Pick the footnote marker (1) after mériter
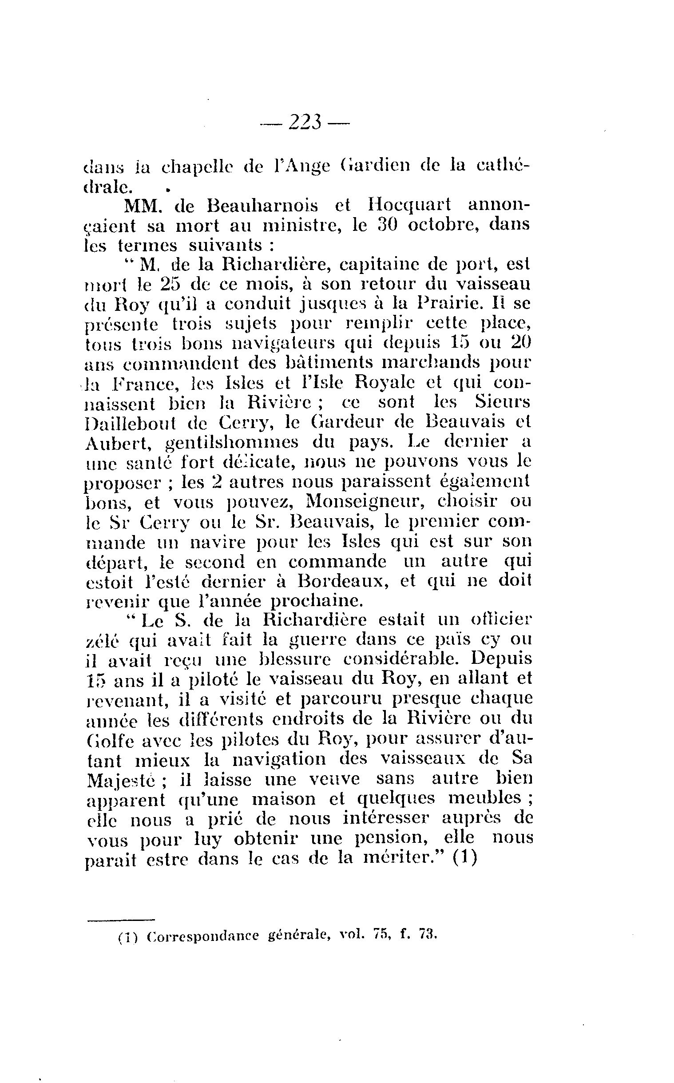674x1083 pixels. pyautogui.click(x=465, y=858)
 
